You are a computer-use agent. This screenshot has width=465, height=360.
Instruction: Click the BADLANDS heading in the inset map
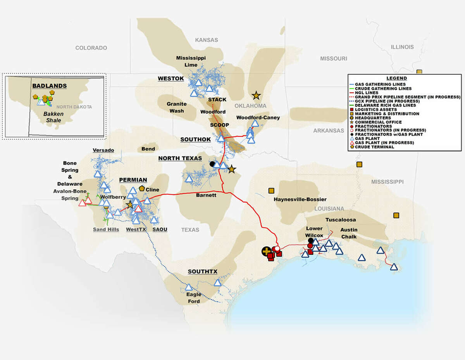(x=50, y=86)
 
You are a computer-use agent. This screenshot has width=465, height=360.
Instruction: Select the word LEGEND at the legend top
(x=404, y=78)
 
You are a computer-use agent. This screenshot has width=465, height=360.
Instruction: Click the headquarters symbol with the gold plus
(x=266, y=252)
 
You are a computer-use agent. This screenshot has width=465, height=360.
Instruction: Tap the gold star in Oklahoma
(x=256, y=95)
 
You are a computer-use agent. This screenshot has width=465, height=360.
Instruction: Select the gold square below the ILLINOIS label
(x=419, y=72)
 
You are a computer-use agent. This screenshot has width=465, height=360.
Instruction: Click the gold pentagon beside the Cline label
(x=142, y=189)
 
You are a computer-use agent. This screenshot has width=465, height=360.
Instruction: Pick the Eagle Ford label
(x=194, y=298)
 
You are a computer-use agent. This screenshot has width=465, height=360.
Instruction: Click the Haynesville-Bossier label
(x=300, y=199)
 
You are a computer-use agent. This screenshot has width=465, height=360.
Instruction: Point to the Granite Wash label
(x=177, y=107)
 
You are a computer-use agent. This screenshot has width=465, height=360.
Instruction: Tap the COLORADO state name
(x=91, y=48)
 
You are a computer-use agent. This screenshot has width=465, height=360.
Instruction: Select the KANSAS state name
(x=207, y=40)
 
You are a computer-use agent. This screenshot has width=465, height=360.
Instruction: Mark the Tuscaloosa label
(x=340, y=219)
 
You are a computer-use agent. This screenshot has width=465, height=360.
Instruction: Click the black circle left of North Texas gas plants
(x=212, y=164)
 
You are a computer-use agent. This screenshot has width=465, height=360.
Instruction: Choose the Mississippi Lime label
(x=191, y=61)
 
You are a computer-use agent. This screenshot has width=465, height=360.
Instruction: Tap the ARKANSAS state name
(x=329, y=130)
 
